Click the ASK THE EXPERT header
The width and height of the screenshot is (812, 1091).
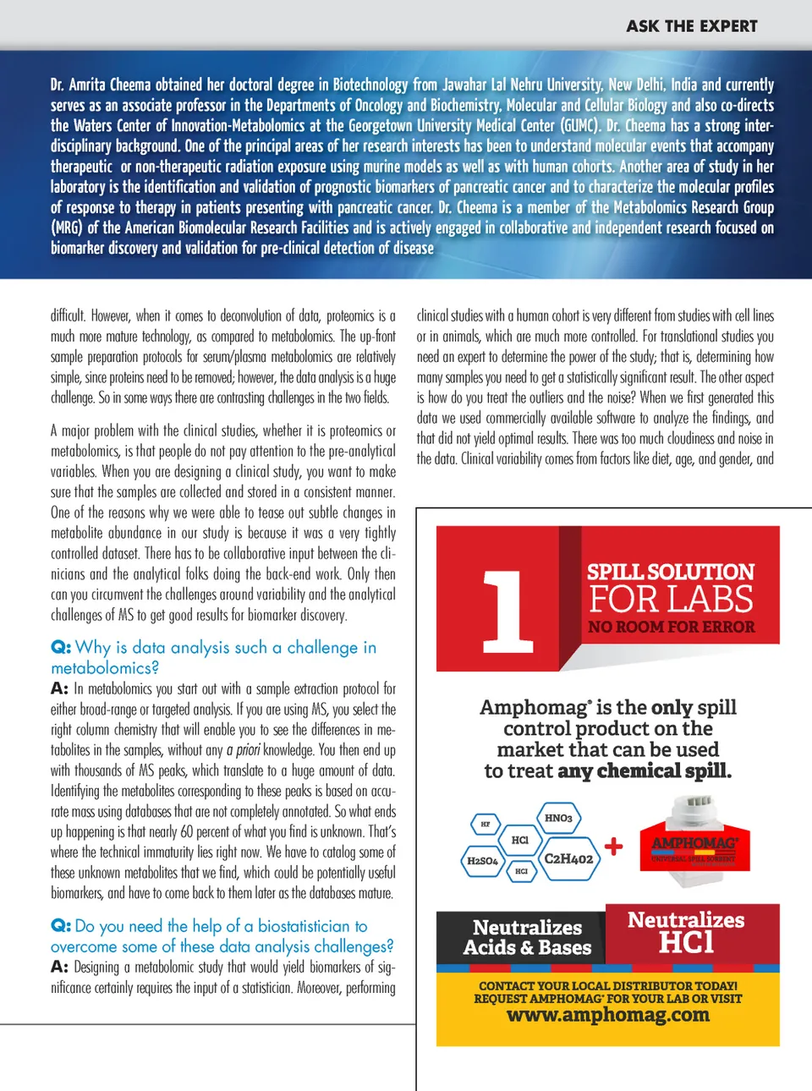point(691,26)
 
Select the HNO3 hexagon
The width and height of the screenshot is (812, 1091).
point(558,818)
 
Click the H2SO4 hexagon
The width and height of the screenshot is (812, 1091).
point(482,860)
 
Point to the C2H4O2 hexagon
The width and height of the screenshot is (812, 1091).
point(568,858)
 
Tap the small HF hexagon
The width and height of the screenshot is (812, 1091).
point(486,823)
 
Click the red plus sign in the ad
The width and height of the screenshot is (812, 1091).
point(614,845)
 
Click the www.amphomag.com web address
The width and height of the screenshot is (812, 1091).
point(607,1015)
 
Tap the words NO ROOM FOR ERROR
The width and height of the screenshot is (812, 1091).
point(672,627)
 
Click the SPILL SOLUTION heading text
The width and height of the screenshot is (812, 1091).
point(670,572)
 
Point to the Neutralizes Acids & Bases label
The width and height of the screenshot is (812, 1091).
point(527,937)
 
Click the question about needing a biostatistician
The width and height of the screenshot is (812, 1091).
point(222,936)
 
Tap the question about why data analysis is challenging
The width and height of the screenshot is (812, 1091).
point(213,657)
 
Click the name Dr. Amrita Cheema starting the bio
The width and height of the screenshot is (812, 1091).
point(101,85)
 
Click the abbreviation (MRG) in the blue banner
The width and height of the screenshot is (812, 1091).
point(66,228)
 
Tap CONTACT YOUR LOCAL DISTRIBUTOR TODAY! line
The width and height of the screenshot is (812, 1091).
point(607,985)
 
